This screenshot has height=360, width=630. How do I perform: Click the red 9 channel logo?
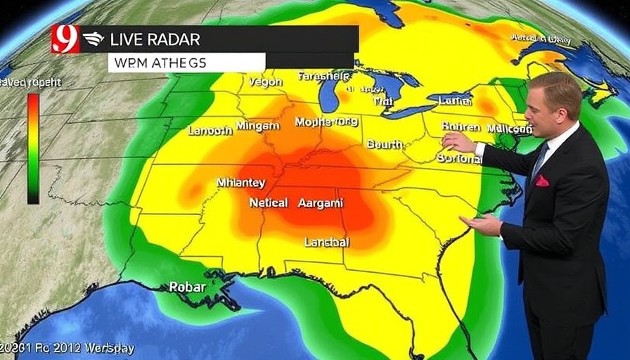pos(65,39)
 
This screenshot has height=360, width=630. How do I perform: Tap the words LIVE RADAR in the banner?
pos(155,39)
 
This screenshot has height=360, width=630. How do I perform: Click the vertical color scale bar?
pos(33,148)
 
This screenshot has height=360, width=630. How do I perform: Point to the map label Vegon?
pos(265,82)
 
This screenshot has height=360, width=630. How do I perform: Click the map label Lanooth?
pos(210,130)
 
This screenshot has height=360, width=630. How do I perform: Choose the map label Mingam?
pos(257,126)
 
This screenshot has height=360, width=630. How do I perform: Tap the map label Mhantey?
pos(240,183)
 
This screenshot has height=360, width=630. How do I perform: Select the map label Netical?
pos(268,202)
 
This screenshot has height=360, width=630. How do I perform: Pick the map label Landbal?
pos(326,242)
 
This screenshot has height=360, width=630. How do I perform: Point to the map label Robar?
pos(186,286)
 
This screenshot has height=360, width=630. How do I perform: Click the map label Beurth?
pos(385,144)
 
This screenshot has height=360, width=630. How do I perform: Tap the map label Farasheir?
pos(323,76)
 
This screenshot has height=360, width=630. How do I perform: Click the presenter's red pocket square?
pos(541,181)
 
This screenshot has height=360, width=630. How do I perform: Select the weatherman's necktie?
pos(540,160)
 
